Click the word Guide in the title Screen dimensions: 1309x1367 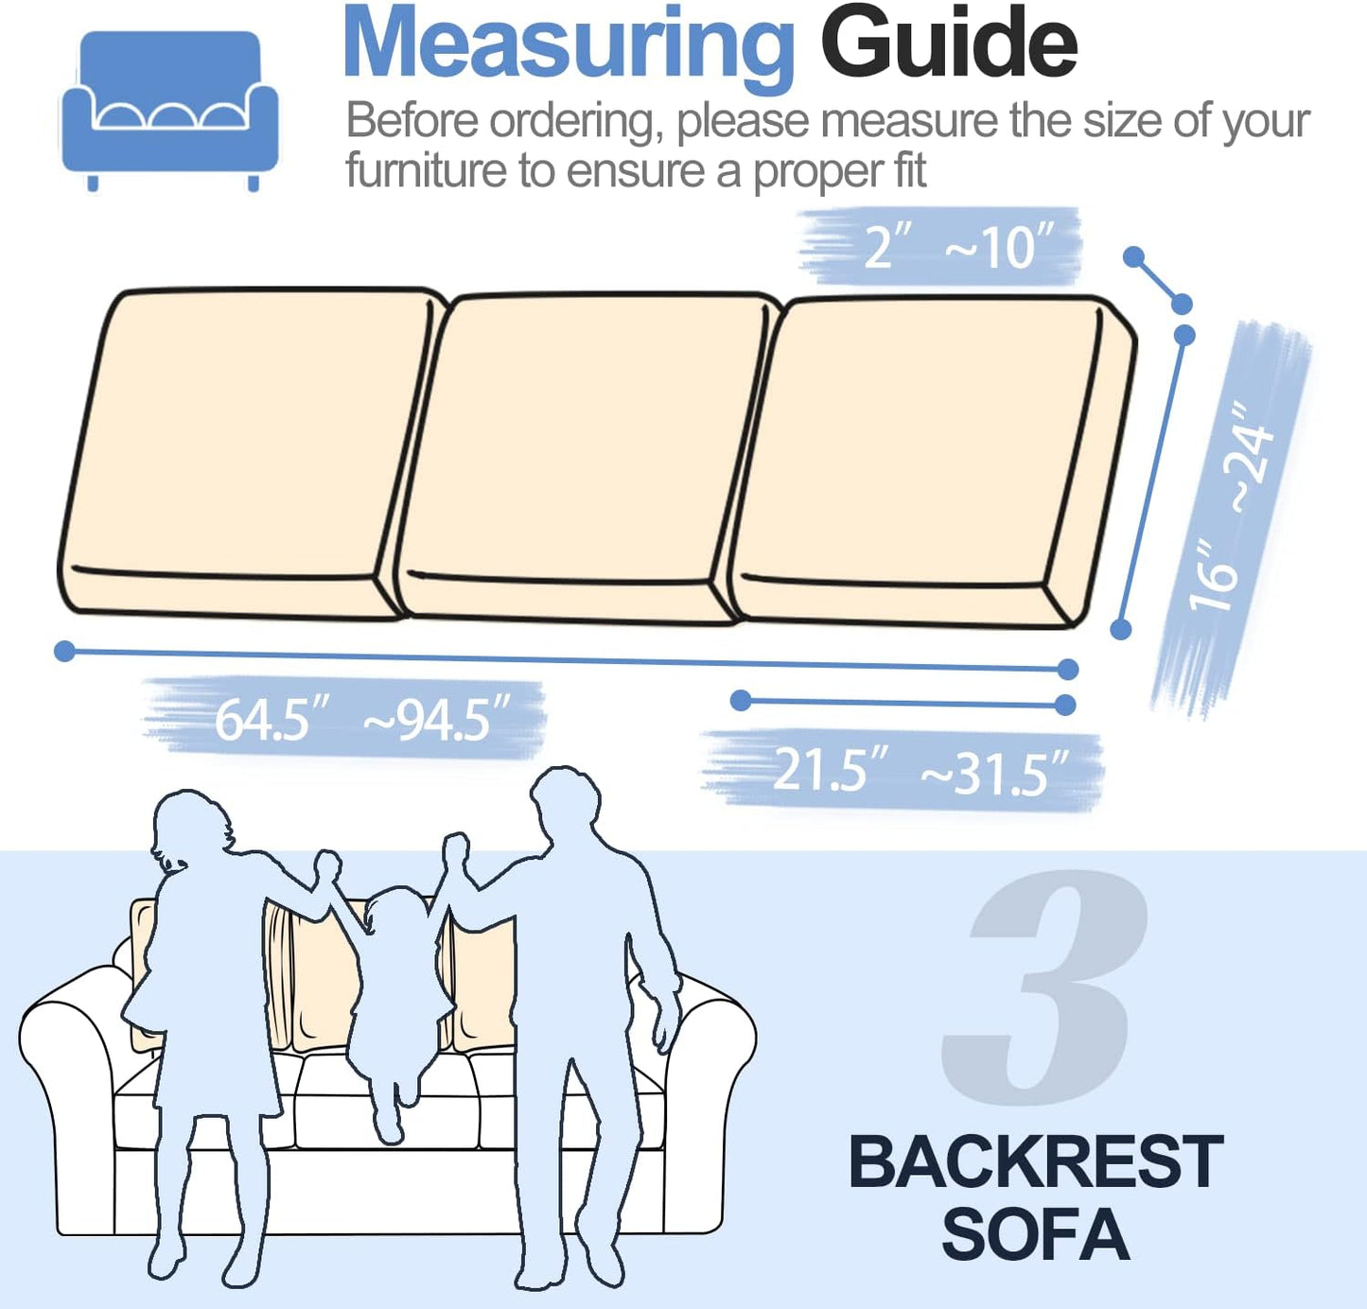948,44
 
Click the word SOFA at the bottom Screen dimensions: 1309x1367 1035,1234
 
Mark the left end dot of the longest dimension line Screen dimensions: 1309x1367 64,651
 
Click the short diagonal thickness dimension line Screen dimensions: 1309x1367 1158,280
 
